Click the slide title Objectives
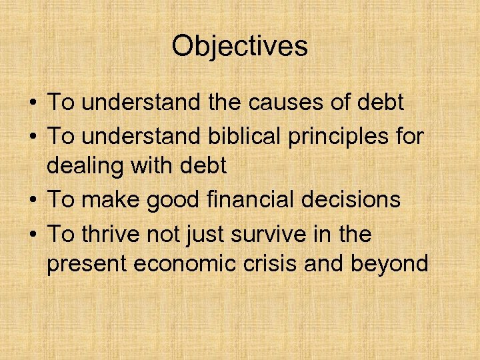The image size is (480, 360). click(x=239, y=46)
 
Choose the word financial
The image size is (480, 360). click(x=246, y=199)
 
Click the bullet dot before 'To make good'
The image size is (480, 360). click(x=32, y=200)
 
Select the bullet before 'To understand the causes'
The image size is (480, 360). click(x=32, y=103)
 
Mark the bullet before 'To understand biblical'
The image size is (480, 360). click(x=32, y=136)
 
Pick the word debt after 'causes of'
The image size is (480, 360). click(x=378, y=103)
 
